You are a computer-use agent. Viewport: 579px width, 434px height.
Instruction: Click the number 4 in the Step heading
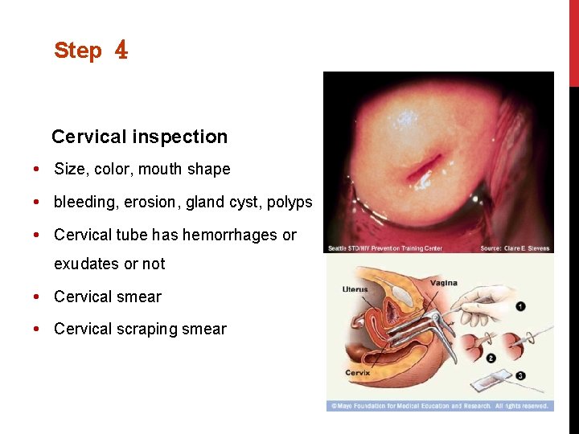click(121, 51)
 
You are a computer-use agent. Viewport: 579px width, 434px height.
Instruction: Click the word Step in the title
click(78, 51)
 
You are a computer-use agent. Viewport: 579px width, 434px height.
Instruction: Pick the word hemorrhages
click(231, 235)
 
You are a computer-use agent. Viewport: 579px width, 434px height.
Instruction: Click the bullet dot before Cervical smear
click(38, 297)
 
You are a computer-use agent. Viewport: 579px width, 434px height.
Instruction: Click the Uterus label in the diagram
click(355, 289)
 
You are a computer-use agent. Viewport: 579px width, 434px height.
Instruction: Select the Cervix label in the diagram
click(358, 372)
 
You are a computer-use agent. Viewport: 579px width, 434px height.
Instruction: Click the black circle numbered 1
click(521, 306)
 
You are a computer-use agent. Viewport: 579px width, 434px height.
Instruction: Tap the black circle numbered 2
click(491, 358)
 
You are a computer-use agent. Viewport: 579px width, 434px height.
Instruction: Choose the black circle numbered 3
click(521, 375)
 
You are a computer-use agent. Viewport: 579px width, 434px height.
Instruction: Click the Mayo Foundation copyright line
click(439, 406)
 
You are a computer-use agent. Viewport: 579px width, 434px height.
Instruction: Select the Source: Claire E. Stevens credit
click(515, 248)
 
